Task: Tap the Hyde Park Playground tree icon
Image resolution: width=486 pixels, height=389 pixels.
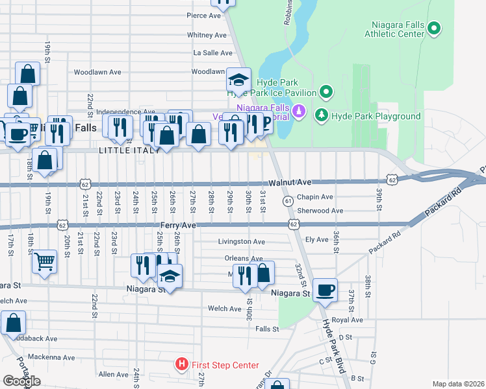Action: coord(321,115)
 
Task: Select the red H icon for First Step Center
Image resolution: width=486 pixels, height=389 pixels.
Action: coord(183,365)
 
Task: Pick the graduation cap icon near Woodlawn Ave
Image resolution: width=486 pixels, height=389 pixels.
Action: coord(238,80)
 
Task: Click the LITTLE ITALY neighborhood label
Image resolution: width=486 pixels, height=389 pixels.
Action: coord(129,150)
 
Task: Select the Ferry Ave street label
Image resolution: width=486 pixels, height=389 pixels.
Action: coord(178,225)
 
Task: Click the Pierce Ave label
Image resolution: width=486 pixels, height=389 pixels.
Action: coord(205,16)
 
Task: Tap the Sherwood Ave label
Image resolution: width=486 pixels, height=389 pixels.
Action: coord(320,211)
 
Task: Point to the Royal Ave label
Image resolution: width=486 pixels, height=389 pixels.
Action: coord(346,320)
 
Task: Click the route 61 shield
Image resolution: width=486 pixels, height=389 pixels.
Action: coord(287,202)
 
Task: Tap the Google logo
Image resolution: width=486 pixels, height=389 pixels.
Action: coord(21,381)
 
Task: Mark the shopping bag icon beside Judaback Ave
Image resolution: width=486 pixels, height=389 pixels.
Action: coord(13,323)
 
